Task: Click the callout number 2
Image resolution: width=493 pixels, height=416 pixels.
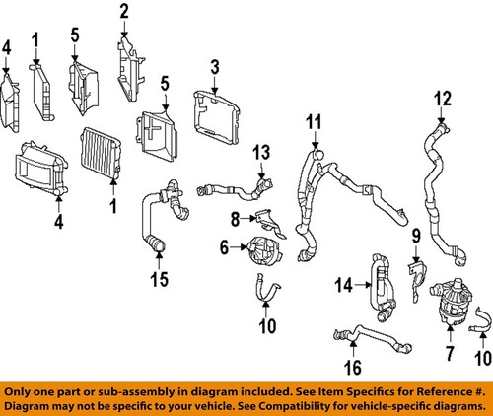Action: tap(125, 13)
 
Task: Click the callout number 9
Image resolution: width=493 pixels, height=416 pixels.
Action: tap(415, 236)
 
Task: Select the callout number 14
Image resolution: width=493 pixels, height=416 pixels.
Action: tap(343, 286)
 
